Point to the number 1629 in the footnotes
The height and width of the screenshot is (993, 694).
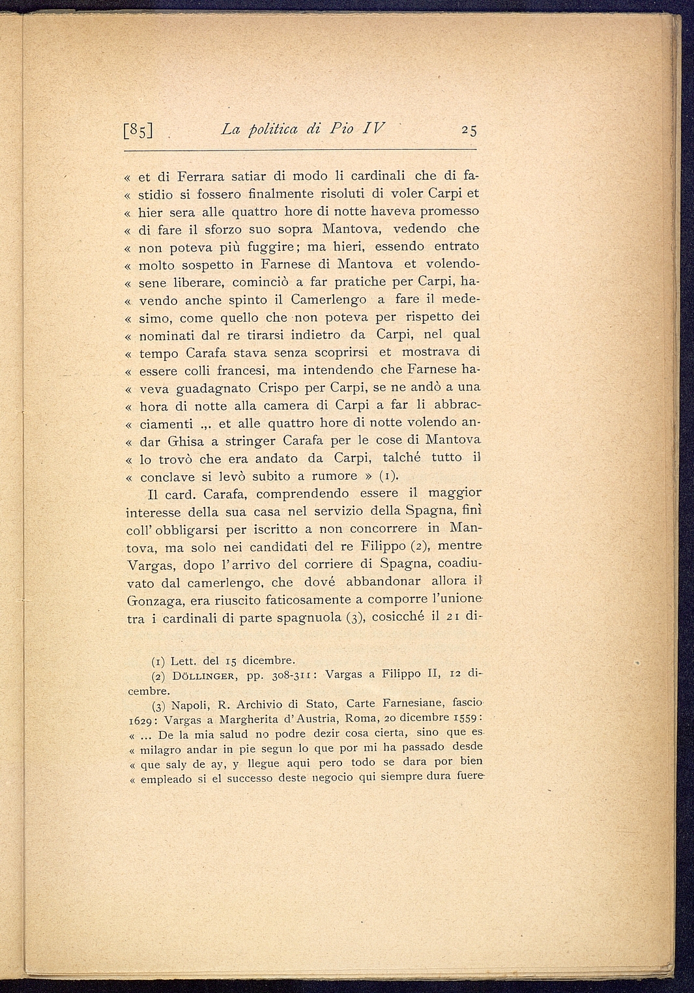(139, 720)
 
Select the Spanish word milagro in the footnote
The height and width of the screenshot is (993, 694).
(162, 748)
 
